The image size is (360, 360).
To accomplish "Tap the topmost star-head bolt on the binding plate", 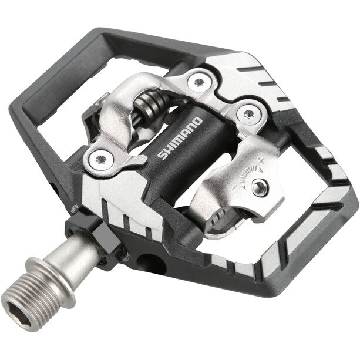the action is point(199,81).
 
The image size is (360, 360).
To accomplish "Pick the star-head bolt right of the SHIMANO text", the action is point(248,113).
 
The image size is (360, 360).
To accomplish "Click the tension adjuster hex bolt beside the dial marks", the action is point(260,188).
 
